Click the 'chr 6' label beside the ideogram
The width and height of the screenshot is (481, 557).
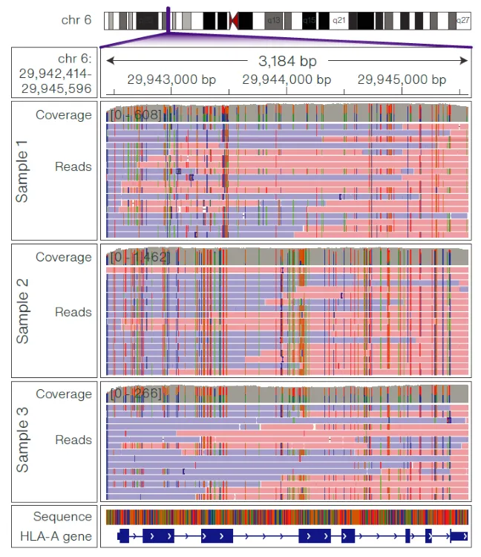pos(76,19)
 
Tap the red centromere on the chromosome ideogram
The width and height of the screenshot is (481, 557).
pos(235,21)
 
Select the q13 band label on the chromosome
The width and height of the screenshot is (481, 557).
pos(274,21)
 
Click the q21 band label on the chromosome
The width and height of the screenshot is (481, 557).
pos(338,21)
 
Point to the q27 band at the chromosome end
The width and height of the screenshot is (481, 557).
pos(463,21)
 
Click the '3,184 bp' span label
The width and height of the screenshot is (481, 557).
pos(287,60)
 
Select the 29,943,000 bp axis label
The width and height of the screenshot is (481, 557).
pos(171,79)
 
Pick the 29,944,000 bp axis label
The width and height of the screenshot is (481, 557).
pos(287,79)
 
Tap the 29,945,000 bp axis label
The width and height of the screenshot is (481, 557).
pos(402,79)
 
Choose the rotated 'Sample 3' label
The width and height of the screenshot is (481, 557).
pos(23,446)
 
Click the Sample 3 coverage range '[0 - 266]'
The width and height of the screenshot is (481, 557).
pos(135,393)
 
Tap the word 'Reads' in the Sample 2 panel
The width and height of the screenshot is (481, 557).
pos(73,312)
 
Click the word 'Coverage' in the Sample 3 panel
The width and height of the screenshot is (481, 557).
pos(64,394)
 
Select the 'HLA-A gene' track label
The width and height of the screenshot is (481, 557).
pos(62,536)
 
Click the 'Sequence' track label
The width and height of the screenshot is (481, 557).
pos(62,517)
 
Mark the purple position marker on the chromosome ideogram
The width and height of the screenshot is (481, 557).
pos(169,20)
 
